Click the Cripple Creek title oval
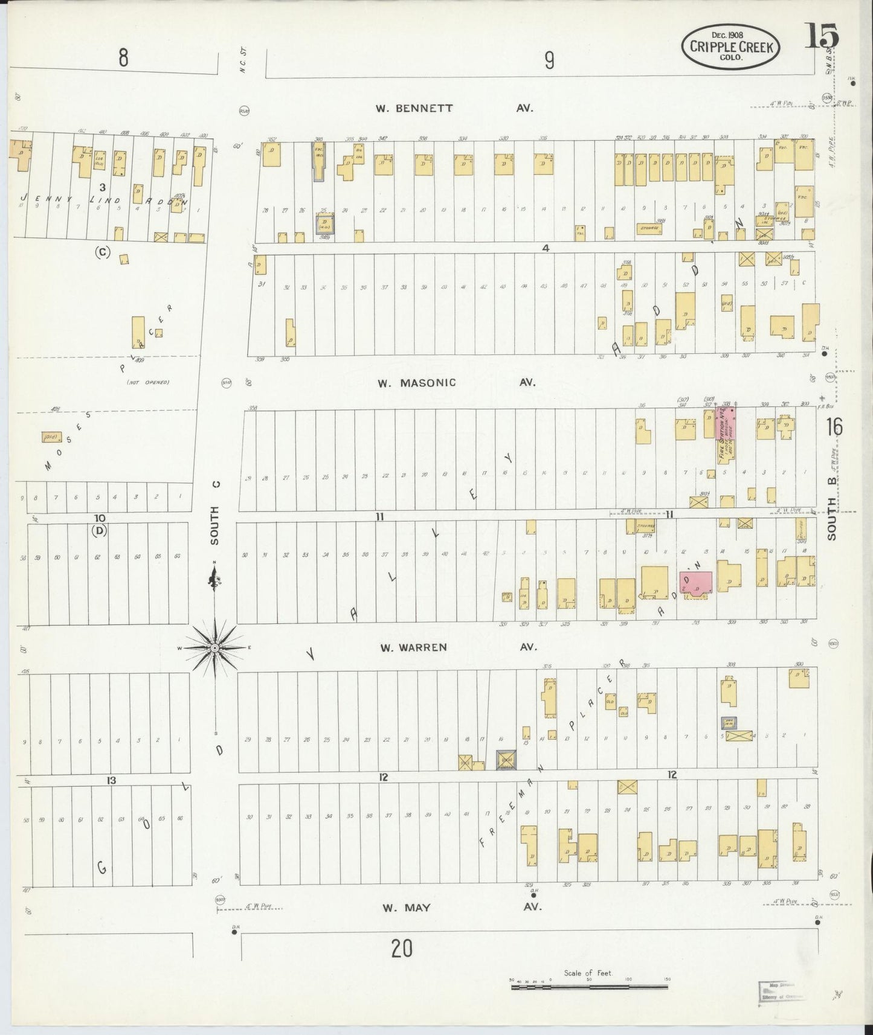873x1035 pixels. tap(730, 46)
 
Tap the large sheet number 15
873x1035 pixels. tap(820, 38)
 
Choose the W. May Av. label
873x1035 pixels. tap(459, 907)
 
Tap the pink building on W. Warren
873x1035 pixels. tap(697, 585)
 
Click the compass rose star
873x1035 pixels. tap(214, 648)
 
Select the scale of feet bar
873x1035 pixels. tap(590, 987)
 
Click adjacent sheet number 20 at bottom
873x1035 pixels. tap(401, 949)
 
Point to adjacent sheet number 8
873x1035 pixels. tap(123, 59)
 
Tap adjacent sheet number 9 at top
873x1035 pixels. tap(549, 60)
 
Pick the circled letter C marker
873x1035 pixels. tap(101, 252)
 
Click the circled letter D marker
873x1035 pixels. tap(99, 531)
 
